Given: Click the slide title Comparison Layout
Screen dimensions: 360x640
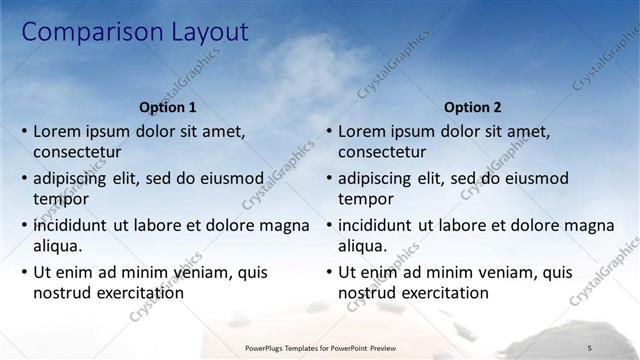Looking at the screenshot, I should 135,32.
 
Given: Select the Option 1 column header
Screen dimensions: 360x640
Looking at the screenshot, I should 168,107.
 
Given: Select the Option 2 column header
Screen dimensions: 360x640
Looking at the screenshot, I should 473,107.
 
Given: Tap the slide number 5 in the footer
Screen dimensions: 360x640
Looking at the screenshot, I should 589,347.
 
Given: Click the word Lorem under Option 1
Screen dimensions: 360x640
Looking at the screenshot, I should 58,131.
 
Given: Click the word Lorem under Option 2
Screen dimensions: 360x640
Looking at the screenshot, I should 363,131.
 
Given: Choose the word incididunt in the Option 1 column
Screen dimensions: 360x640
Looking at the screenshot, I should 75,225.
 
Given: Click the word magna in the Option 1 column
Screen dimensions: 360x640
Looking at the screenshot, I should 285,225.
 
